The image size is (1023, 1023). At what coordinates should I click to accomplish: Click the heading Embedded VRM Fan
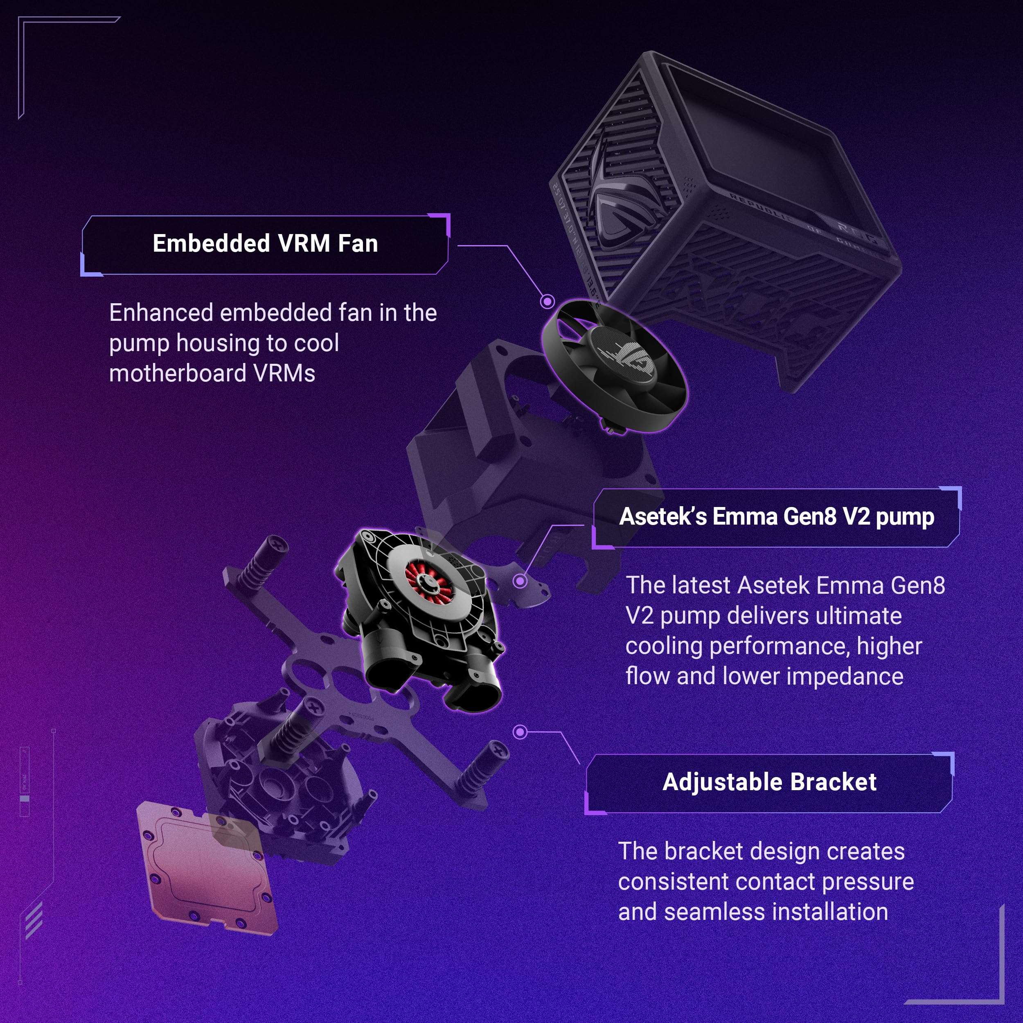(x=265, y=243)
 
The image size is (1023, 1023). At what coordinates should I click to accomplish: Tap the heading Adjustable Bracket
(x=769, y=782)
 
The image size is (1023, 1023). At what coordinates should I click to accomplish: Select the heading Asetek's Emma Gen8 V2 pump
(x=776, y=516)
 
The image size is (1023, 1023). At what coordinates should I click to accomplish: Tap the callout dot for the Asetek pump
(x=520, y=581)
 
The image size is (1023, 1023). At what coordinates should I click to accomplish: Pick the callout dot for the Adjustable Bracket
(x=520, y=732)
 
